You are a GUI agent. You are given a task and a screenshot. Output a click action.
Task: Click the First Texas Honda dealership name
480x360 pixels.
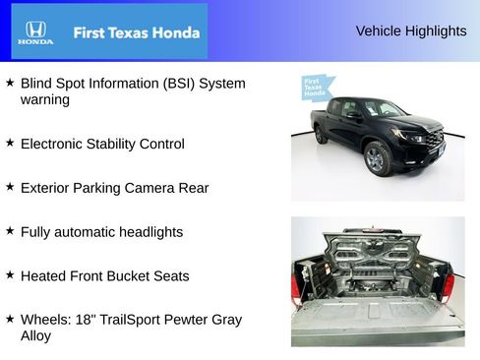(x=136, y=32)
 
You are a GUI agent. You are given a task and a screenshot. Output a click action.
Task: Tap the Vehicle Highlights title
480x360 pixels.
(x=410, y=31)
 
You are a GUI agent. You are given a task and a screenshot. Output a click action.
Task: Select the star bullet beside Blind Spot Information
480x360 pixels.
(x=10, y=84)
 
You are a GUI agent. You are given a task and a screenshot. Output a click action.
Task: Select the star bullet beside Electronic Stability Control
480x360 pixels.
(x=10, y=144)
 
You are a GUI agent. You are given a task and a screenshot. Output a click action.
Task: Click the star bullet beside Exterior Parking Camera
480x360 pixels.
(x=10, y=187)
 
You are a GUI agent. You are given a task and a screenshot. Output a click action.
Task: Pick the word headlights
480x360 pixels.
(x=150, y=232)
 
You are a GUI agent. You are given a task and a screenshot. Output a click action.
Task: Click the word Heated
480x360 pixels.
(x=43, y=276)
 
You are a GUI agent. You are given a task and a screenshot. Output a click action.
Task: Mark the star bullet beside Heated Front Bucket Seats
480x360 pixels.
(x=10, y=275)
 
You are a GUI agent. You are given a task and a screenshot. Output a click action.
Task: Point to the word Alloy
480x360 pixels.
(x=35, y=336)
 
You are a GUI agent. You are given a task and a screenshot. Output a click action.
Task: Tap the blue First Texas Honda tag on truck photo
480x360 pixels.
(x=314, y=89)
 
